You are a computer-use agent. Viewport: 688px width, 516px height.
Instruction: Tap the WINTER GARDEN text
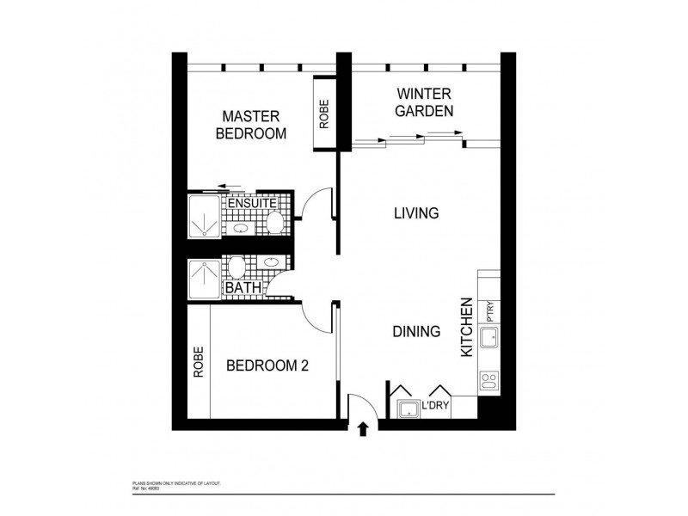pos(424,101)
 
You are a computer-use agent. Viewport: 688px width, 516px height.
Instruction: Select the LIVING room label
pos(416,213)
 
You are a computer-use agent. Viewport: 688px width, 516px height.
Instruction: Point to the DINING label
pos(416,331)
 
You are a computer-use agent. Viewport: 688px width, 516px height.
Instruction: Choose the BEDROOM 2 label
pos(267,365)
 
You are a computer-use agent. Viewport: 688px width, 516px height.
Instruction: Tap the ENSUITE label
pos(251,204)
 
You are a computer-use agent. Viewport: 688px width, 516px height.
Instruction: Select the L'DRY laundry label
pos(435,405)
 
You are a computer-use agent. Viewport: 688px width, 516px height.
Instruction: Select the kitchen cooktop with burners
pos(490,379)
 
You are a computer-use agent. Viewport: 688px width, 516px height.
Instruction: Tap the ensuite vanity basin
pos(242,230)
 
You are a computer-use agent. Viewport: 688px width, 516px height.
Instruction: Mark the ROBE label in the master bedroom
pos(323,114)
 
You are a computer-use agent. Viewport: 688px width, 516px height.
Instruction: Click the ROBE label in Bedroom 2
pos(199,361)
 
